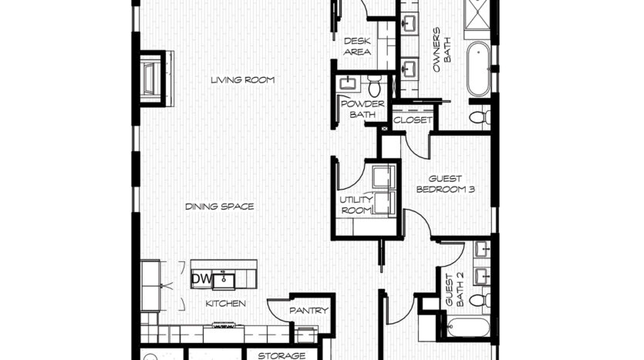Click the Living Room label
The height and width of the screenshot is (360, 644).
243,79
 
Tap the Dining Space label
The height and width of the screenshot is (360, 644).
220,207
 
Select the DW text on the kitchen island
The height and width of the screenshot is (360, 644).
201,279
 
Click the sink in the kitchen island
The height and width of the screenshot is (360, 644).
224,281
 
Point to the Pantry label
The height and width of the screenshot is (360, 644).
309,311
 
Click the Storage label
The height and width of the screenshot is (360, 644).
282,355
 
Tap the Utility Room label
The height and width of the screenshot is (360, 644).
356,205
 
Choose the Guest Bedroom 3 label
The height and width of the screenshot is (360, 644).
446,184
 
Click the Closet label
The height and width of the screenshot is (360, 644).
413,120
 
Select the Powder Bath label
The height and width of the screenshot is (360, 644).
362,109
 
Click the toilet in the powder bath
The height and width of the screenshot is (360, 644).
375,86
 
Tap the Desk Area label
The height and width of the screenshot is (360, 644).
357,46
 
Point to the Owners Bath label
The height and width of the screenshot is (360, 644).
442,49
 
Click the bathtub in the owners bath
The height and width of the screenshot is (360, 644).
478,69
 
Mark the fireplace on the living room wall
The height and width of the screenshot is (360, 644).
153,79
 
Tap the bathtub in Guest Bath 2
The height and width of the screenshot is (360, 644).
467,327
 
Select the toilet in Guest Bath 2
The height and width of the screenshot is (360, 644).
479,300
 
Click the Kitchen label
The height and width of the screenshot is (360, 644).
225,304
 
